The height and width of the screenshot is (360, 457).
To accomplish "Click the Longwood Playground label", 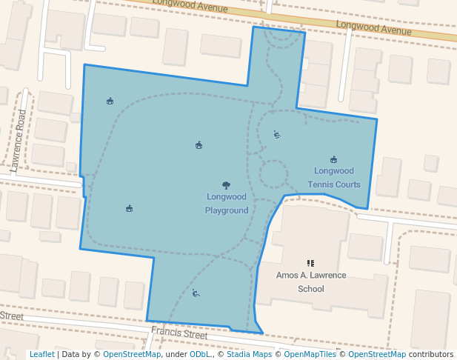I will pos(227,204).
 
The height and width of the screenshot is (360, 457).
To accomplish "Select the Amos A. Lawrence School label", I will pos(311,281).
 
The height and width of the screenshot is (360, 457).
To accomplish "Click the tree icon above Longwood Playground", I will pos(226,185).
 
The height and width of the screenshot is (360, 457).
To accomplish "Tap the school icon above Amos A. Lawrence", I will pos(311,263).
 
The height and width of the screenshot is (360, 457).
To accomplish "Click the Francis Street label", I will pos(179,334).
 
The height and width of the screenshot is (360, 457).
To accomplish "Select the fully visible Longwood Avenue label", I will pos(373,29).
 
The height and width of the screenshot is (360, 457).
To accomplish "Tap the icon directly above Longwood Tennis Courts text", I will pos(334,159).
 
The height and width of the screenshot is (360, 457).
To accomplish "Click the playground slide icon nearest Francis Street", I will pos(196,293).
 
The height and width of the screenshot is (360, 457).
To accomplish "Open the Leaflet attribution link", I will pos(42,355).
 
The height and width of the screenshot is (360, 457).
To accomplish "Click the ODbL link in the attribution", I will pos(199,355).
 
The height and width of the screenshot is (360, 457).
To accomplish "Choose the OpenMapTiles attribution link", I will pos(310,355).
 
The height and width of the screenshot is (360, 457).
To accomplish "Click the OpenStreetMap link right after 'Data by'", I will pos(132,355).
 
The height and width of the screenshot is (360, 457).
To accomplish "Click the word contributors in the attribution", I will pos(431,355).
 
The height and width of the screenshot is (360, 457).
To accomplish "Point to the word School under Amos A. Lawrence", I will pos(311,289).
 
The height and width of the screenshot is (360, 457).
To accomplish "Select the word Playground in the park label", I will pos(227,210).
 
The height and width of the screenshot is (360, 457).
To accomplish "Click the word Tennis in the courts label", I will pos(322,184).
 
